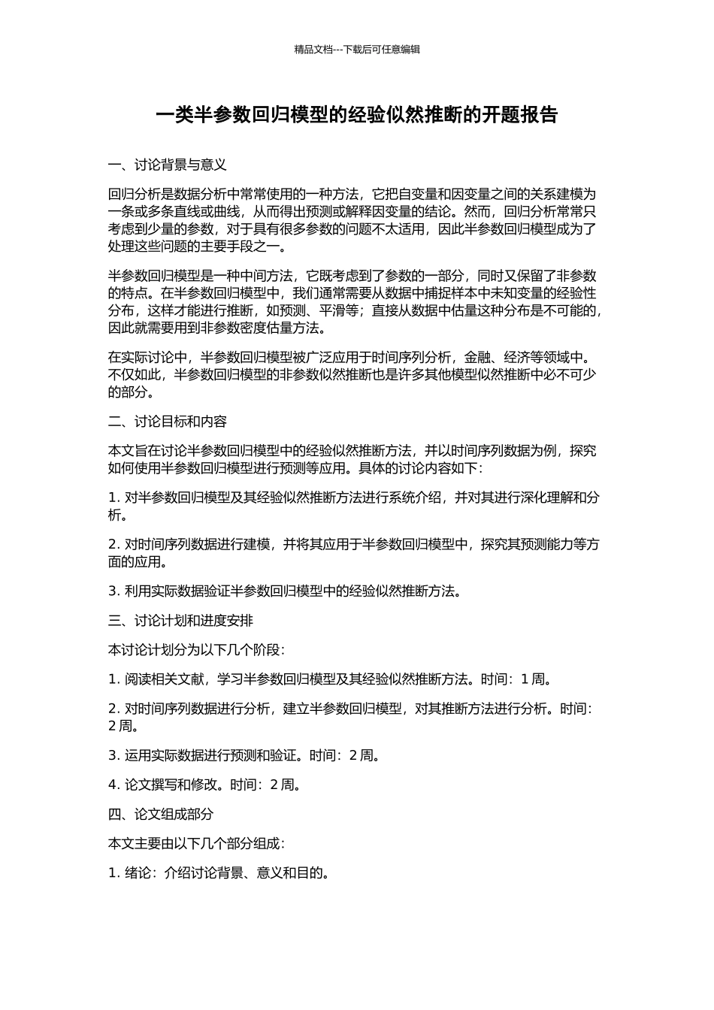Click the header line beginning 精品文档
point(357,50)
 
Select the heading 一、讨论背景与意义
point(168,165)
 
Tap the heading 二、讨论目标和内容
point(168,422)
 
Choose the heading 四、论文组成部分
point(161,814)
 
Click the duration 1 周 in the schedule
point(534,679)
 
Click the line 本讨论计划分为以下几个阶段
point(196,650)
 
